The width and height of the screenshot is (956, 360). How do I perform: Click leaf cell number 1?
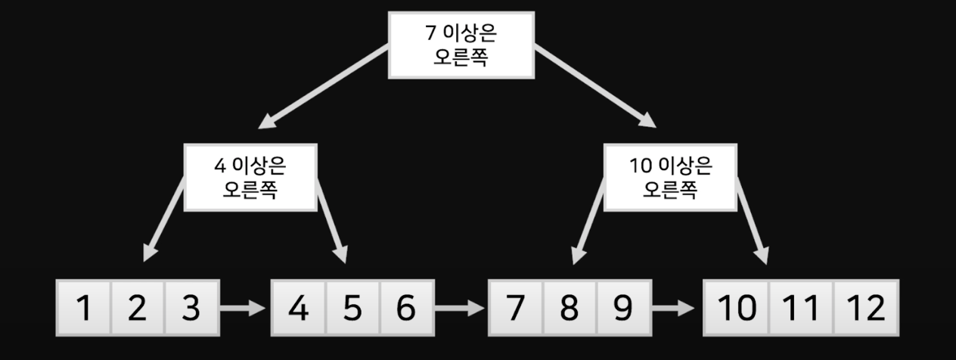pyautogui.click(x=84, y=309)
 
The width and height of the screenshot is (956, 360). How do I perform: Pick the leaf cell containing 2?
pyautogui.click(x=137, y=309)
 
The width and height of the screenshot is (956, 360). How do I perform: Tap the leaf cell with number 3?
pyautogui.click(x=191, y=309)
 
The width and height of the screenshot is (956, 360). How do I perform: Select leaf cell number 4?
pyautogui.click(x=299, y=309)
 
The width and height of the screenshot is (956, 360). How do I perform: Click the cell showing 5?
pyautogui.click(x=352, y=309)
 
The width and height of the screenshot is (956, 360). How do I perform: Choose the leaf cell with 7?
pyautogui.click(x=515, y=309)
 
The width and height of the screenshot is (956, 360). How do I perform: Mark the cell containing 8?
pyautogui.click(x=569, y=309)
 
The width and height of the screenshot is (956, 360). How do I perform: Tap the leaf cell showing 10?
pyautogui.click(x=735, y=309)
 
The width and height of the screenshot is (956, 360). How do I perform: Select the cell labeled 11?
pyautogui.click(x=800, y=309)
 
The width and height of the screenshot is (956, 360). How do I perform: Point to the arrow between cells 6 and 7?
pyautogui.click(x=460, y=309)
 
